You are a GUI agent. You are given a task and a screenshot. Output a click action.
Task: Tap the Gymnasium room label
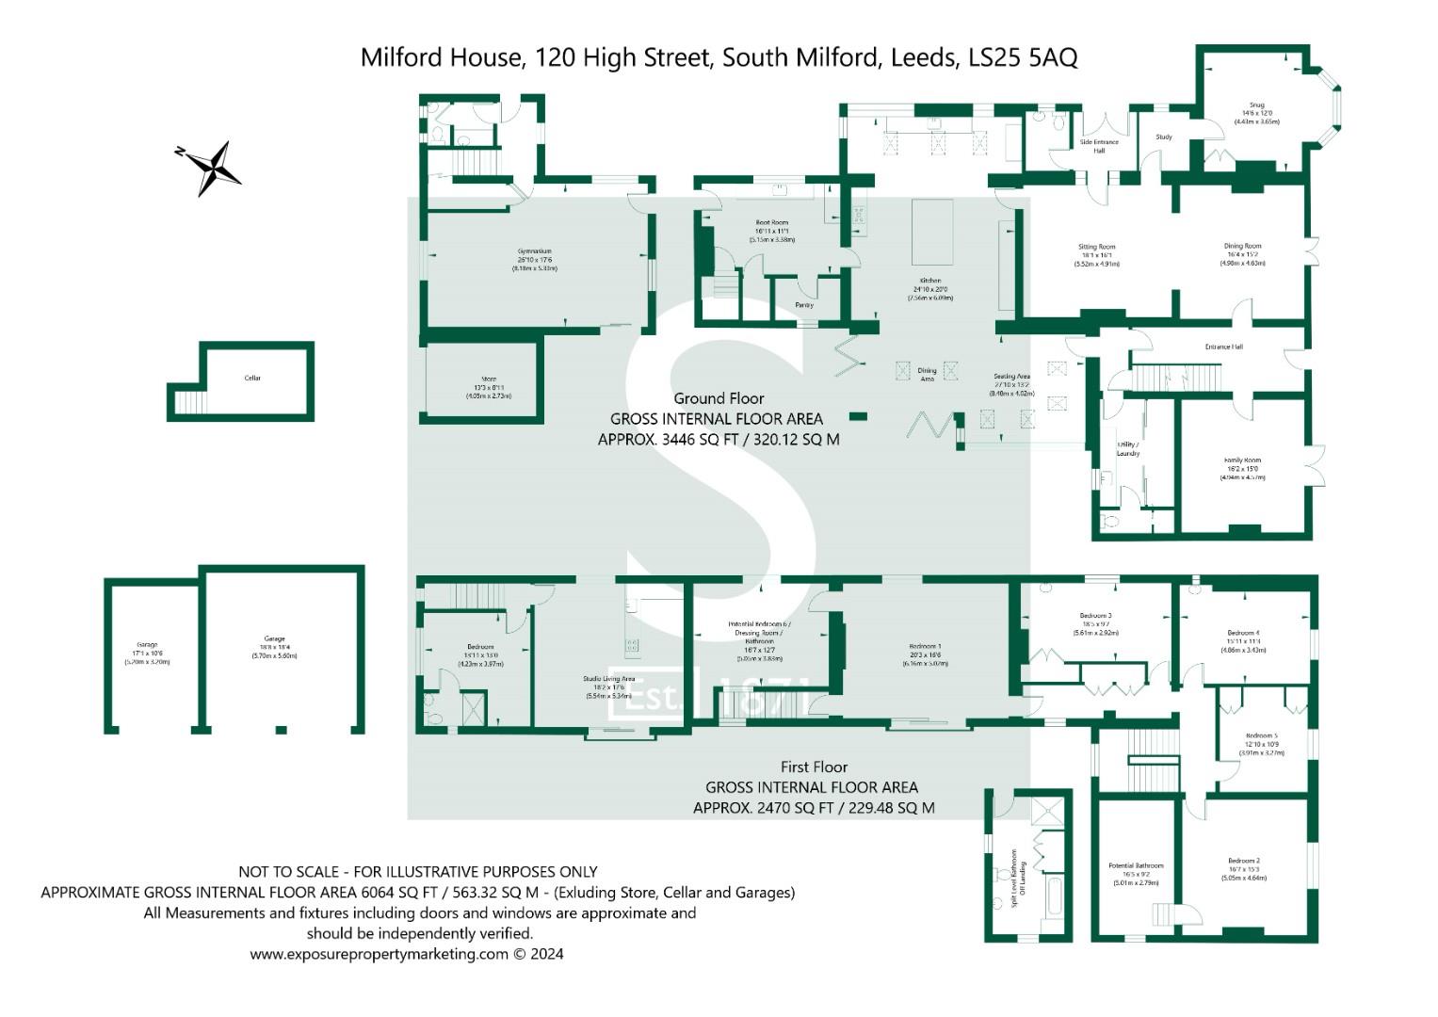[x=533, y=251]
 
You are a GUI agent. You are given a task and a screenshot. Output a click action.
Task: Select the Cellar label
[x=252, y=379]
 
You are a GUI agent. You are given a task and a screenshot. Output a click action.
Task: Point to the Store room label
[x=489, y=379]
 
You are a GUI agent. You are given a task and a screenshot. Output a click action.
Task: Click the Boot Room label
[x=771, y=222]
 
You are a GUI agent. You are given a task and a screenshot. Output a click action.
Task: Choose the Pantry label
[x=804, y=305]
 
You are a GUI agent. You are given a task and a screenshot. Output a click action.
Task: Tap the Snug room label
[x=1256, y=105]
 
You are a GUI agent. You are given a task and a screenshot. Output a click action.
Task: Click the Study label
[x=1164, y=137]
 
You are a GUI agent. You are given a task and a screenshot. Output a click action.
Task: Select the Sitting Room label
[x=1096, y=247]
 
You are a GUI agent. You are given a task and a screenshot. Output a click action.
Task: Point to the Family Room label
[x=1242, y=460]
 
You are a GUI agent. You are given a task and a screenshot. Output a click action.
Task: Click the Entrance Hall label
[x=1224, y=347]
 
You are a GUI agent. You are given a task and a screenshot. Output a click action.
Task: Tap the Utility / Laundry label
[x=1128, y=448]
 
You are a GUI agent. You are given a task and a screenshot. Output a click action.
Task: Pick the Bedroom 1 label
[x=924, y=647]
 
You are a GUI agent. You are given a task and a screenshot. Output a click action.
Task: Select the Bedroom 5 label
[x=1261, y=735]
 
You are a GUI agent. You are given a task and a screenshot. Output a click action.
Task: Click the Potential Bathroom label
[x=1136, y=865]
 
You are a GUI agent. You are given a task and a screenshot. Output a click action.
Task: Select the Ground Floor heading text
[x=719, y=398]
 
